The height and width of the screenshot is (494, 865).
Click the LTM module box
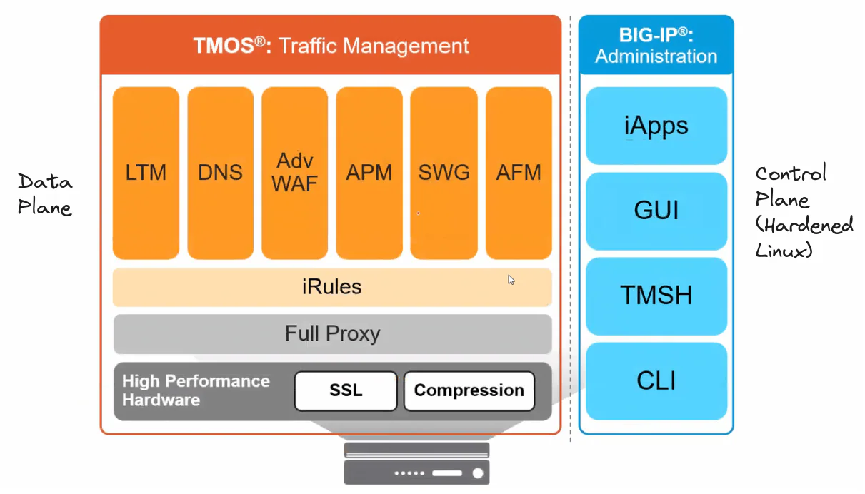[146, 173]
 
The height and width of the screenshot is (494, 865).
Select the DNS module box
[221, 173]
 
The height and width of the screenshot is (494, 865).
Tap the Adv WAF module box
[294, 173]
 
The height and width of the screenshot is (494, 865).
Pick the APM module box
[369, 173]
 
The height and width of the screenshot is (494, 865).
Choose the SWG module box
[444, 173]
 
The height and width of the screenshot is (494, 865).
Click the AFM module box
[519, 173]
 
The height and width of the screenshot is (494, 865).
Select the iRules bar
[332, 287]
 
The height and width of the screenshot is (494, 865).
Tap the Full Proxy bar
[332, 334]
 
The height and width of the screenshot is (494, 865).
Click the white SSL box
[346, 391]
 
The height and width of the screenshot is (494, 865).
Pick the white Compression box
[469, 391]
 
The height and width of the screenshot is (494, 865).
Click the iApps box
[656, 126]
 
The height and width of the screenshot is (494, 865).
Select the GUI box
[656, 211]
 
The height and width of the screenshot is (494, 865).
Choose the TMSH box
[656, 296]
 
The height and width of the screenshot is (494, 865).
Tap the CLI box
[656, 381]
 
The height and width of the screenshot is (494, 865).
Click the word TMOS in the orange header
[224, 46]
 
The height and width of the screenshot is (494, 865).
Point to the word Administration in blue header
[656, 56]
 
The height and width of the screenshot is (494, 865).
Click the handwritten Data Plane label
[45, 194]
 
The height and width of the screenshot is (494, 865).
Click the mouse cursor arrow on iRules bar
[511, 280]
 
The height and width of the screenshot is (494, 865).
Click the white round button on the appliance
[478, 473]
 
